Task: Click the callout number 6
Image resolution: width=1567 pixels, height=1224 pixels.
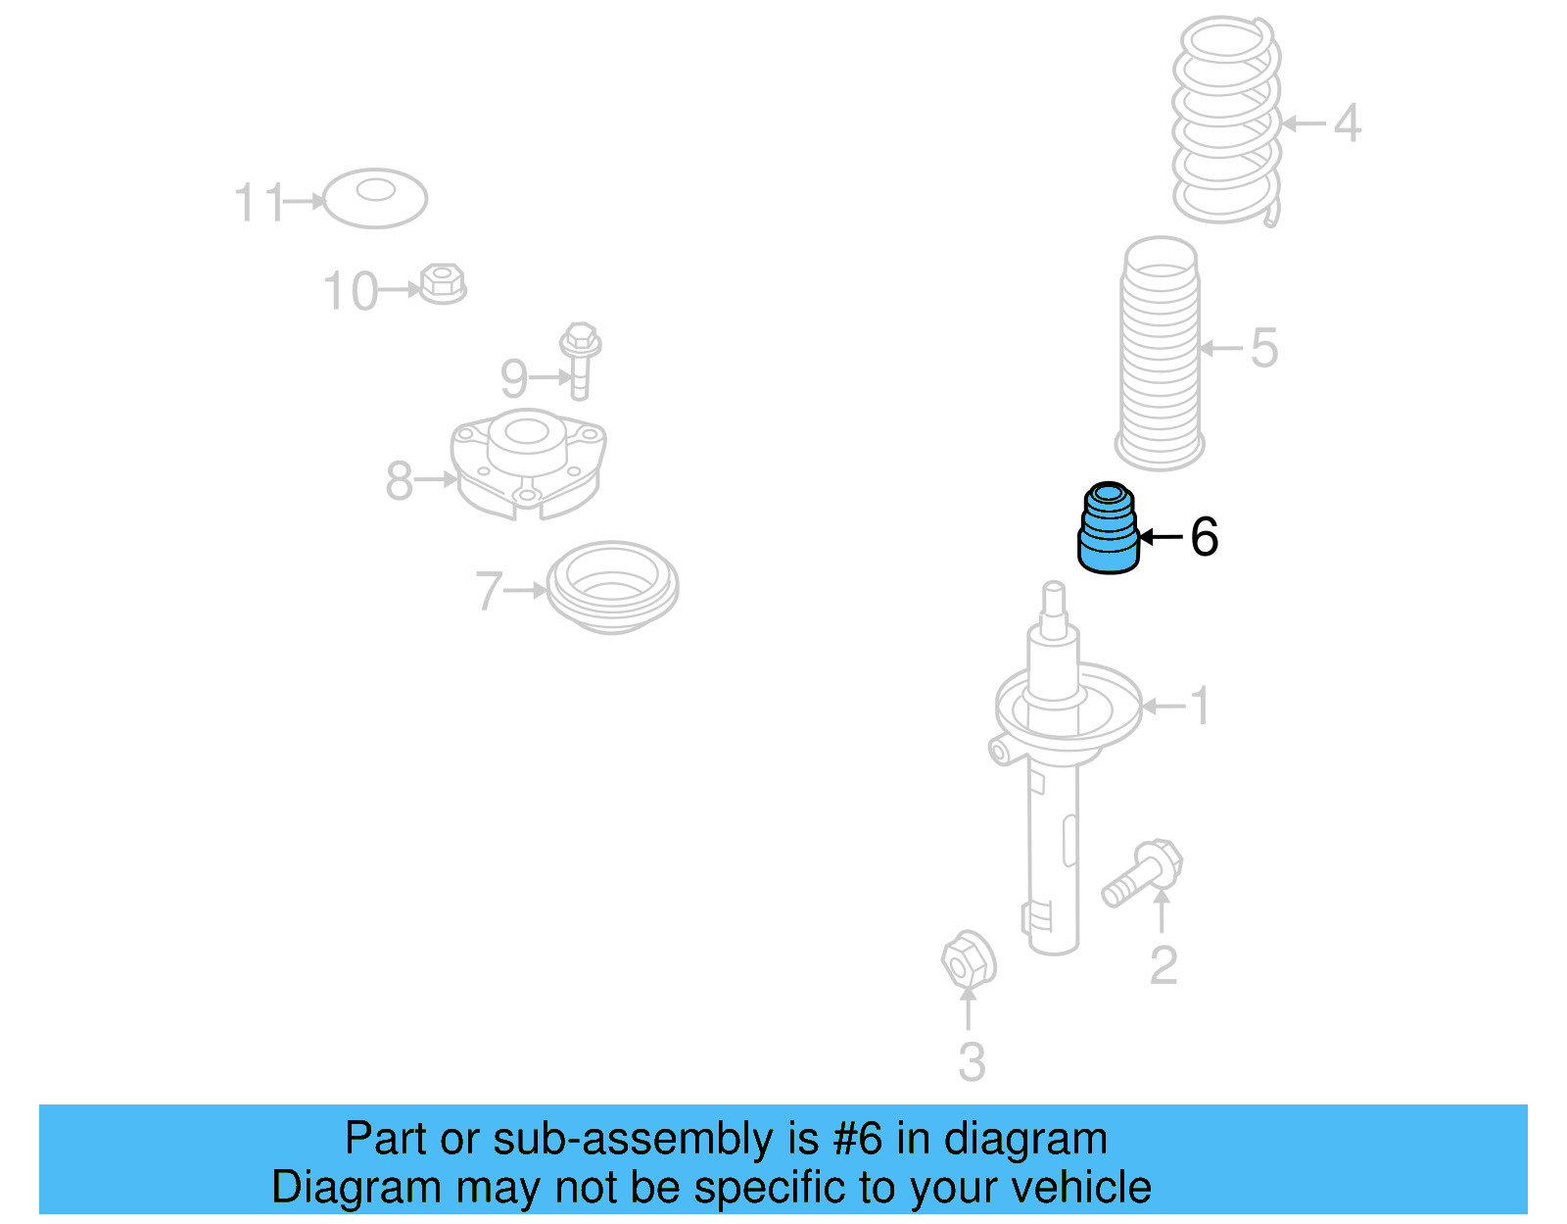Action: pos(1204,537)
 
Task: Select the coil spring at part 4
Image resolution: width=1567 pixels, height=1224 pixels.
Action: pos(1227,120)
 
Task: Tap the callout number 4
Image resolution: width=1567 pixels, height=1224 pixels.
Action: pos(1348,123)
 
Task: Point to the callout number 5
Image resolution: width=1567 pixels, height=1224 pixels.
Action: pos(1264,348)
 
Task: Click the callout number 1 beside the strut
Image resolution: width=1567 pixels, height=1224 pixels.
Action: pos(1200,706)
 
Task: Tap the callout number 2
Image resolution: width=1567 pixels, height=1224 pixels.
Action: pos(1163,965)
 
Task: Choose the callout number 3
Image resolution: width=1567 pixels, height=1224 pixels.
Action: pos(971,1061)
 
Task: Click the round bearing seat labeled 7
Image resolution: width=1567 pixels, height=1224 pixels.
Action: pos(612,588)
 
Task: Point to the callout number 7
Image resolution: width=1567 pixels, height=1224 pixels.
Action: pos(489,591)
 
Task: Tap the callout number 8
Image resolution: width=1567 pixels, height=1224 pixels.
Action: pos(399,480)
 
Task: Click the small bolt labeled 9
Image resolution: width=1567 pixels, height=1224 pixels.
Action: pos(580,360)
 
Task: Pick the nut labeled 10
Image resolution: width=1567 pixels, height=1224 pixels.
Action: pos(443,283)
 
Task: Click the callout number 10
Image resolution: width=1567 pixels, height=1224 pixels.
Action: pos(350,291)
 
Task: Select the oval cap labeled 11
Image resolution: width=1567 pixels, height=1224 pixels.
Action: pos(375,198)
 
